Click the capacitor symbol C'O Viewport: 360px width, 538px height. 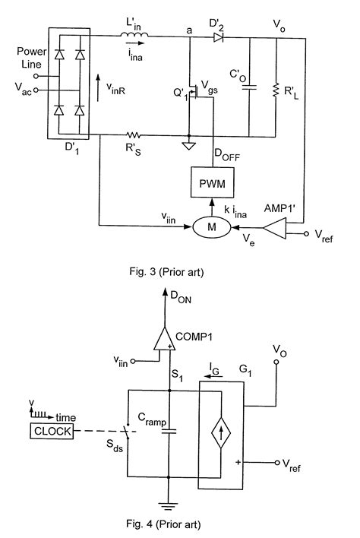click(248, 88)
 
